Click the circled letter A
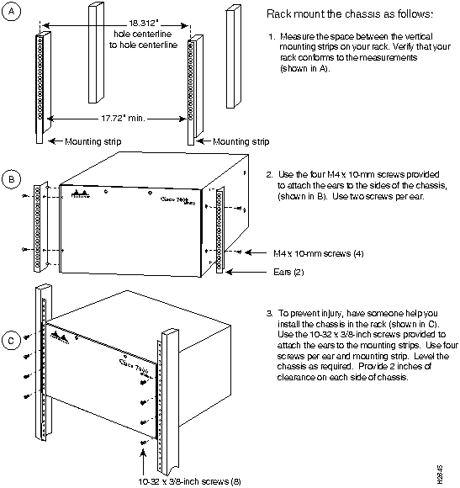click(x=12, y=12)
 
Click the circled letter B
click(x=12, y=179)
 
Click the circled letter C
click(x=12, y=341)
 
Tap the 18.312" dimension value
click(x=143, y=23)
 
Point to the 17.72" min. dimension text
click(x=123, y=119)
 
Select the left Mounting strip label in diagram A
click(x=93, y=141)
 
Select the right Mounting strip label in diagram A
click(x=241, y=141)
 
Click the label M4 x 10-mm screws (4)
click(x=319, y=253)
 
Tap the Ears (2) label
click(x=288, y=272)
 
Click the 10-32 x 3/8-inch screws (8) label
click(x=189, y=481)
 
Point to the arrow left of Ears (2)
click(x=246, y=272)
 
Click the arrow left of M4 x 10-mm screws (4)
click(x=256, y=252)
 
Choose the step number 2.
click(x=269, y=175)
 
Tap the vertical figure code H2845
click(x=440, y=475)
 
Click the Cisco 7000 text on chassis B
click(x=178, y=200)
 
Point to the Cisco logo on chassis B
click(x=81, y=194)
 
